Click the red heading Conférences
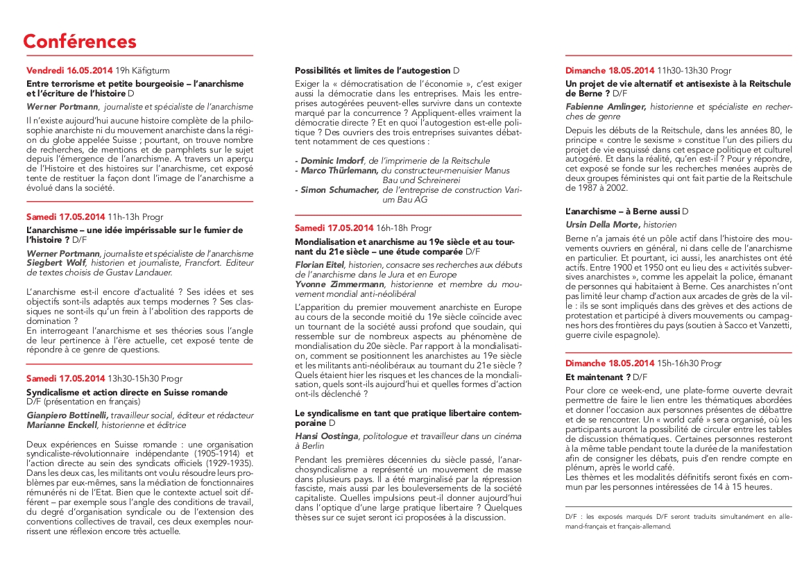coord(80,41)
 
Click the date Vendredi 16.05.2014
coord(69,71)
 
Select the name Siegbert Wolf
coord(55,263)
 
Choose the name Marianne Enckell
coord(62,425)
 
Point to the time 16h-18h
coord(392,228)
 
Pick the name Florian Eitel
coord(321,265)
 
